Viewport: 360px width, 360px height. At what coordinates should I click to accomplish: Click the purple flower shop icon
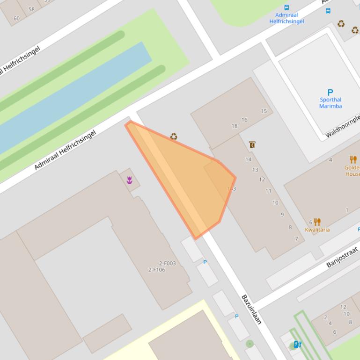click(x=130, y=180)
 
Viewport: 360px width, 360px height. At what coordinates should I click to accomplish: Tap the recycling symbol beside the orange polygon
click(x=174, y=137)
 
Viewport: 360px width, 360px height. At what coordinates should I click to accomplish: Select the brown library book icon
click(x=252, y=145)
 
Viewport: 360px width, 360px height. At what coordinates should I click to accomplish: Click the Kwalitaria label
click(x=317, y=230)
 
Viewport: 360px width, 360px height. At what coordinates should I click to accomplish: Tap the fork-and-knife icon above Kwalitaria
click(x=317, y=222)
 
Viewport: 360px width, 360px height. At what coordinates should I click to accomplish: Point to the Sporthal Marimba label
click(x=331, y=103)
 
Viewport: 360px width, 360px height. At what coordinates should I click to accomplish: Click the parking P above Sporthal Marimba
click(x=330, y=93)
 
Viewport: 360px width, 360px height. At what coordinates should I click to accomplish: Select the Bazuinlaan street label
click(x=251, y=309)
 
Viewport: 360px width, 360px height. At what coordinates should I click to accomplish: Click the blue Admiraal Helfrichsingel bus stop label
click(x=287, y=18)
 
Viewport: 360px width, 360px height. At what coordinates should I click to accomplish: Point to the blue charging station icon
click(x=297, y=345)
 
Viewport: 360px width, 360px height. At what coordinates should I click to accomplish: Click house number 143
click(x=231, y=189)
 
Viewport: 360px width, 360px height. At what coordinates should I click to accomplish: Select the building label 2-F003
click(x=167, y=263)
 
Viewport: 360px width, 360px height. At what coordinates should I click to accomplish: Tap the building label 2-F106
click(x=156, y=270)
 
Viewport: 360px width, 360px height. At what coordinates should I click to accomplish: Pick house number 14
click(x=248, y=159)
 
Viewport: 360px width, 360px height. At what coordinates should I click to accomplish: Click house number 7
click(x=296, y=239)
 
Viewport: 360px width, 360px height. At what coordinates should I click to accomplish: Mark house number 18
click(x=234, y=126)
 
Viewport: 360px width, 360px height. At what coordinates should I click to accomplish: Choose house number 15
click(x=264, y=111)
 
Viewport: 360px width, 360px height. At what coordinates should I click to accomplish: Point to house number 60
click(x=16, y=19)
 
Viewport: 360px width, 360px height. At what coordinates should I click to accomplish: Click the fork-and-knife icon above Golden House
click(x=353, y=159)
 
